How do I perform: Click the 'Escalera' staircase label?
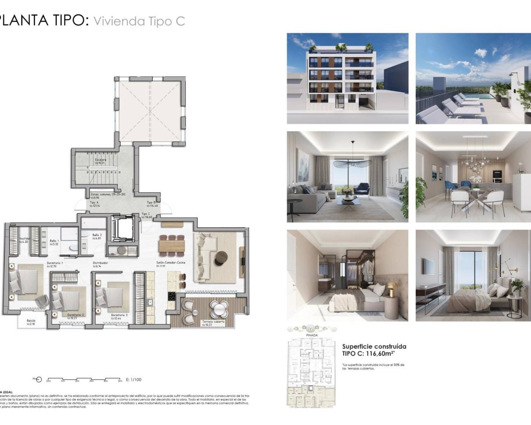tap(100, 160)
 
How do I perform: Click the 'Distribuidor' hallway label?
tap(100, 263)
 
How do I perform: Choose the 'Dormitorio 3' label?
tap(119, 315)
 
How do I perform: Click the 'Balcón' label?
tap(31, 321)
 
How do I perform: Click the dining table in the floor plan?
tap(171, 246)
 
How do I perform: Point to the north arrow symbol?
tap(39, 379)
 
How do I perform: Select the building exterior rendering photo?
tap(347, 78)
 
